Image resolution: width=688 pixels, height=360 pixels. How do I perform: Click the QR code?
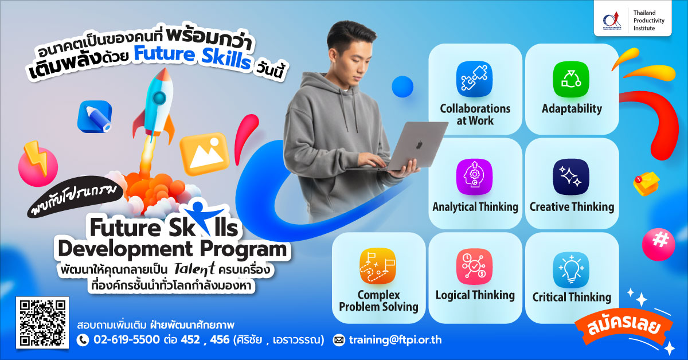(42, 323)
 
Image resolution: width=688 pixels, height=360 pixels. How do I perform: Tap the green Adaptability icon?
(571, 79)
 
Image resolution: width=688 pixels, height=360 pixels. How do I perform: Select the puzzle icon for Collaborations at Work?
(474, 79)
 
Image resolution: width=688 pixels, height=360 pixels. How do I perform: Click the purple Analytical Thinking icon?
(474, 177)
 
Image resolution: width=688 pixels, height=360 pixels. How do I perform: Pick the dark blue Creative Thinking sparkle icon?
(571, 177)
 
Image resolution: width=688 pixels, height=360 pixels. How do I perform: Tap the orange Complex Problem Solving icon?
(378, 266)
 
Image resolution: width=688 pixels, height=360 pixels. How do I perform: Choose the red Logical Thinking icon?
(474, 267)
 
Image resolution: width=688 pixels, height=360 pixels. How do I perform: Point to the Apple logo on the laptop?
(419, 144)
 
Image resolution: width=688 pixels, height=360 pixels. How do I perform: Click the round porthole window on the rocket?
(159, 98)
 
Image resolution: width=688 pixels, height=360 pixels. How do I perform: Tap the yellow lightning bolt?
(36, 158)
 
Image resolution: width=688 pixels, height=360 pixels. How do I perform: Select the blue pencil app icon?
(95, 117)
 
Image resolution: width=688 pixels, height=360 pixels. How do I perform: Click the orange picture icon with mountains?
(205, 154)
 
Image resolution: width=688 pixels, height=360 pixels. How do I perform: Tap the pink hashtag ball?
(659, 245)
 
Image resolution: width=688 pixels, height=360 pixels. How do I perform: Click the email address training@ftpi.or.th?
(395, 340)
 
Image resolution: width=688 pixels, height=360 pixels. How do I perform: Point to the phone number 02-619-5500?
(127, 340)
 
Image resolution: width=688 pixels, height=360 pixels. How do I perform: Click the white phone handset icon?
(83, 341)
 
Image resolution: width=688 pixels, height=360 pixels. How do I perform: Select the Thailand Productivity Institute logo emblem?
(612, 21)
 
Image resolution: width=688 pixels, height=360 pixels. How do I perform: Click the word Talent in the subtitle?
(194, 269)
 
